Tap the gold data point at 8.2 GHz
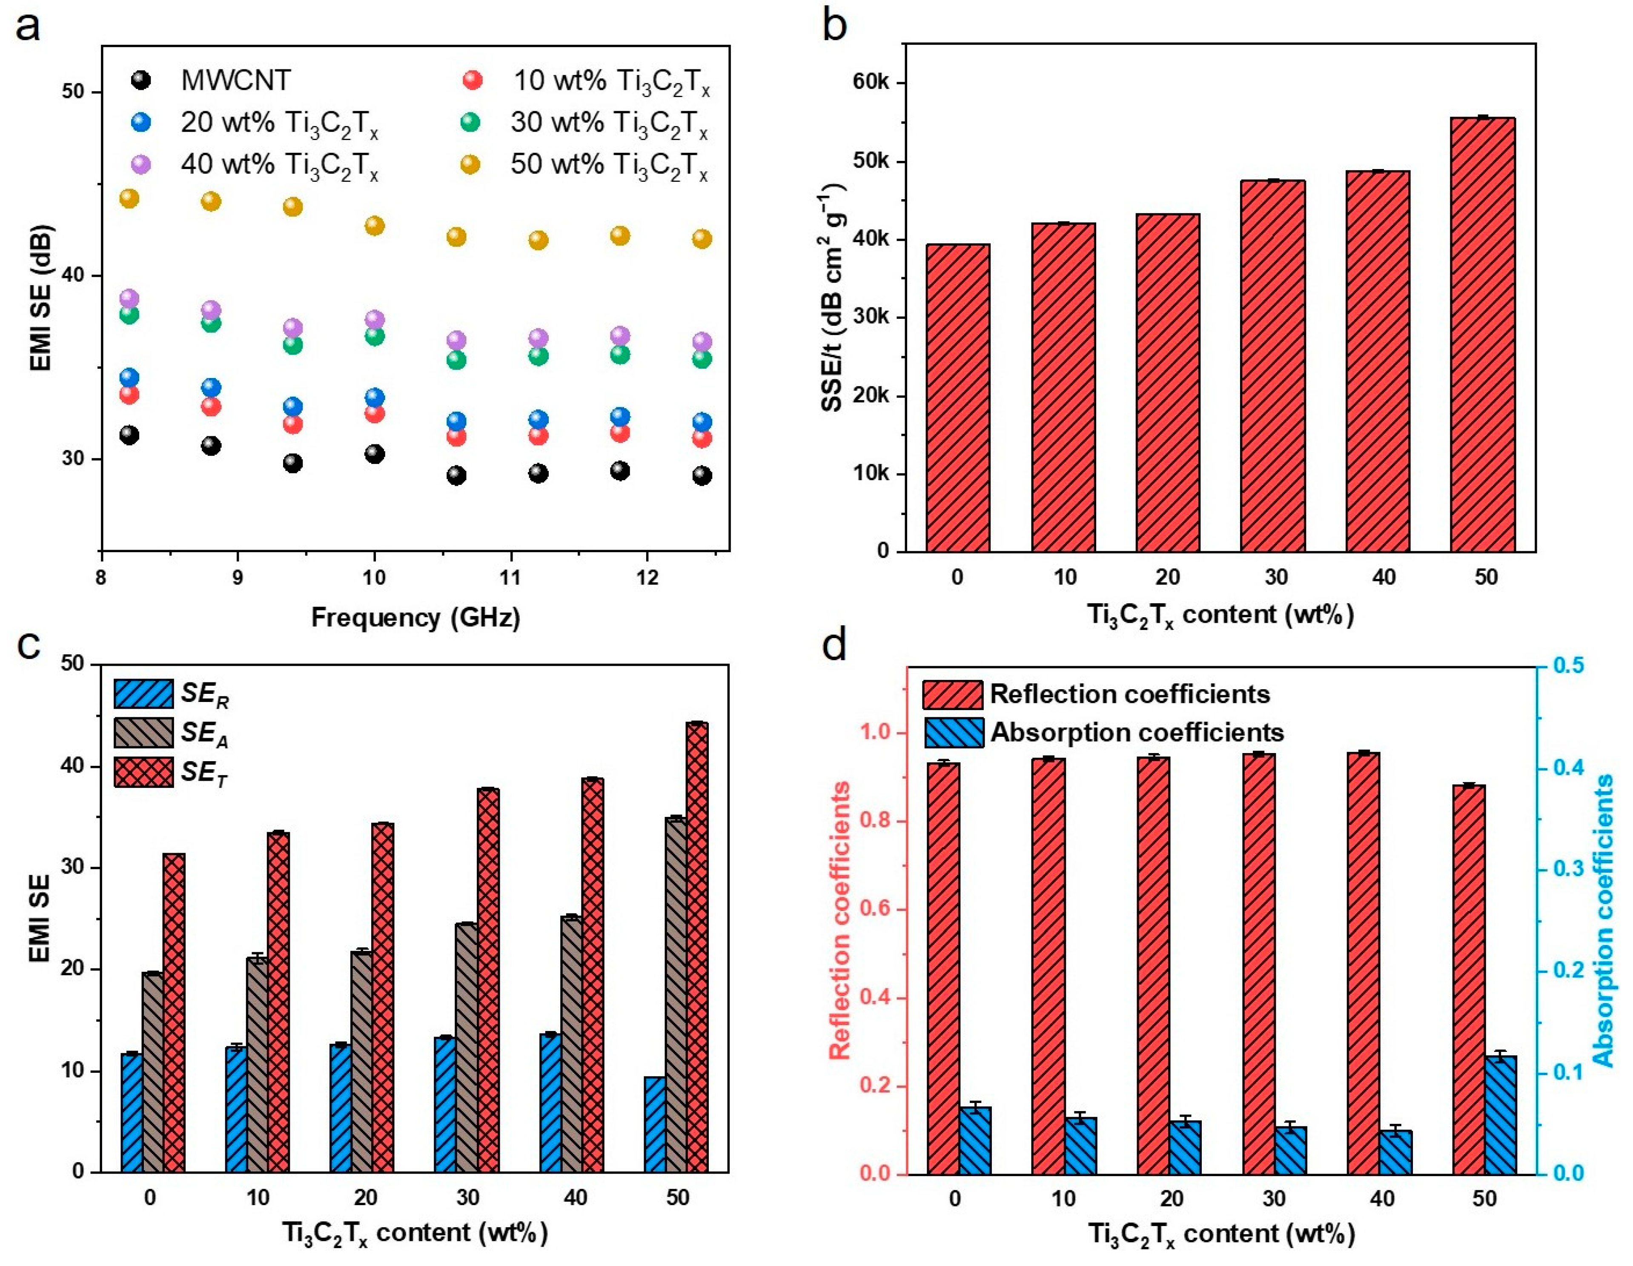click(x=129, y=198)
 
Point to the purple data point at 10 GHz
click(x=374, y=319)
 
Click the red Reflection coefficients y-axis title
click(x=840, y=920)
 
